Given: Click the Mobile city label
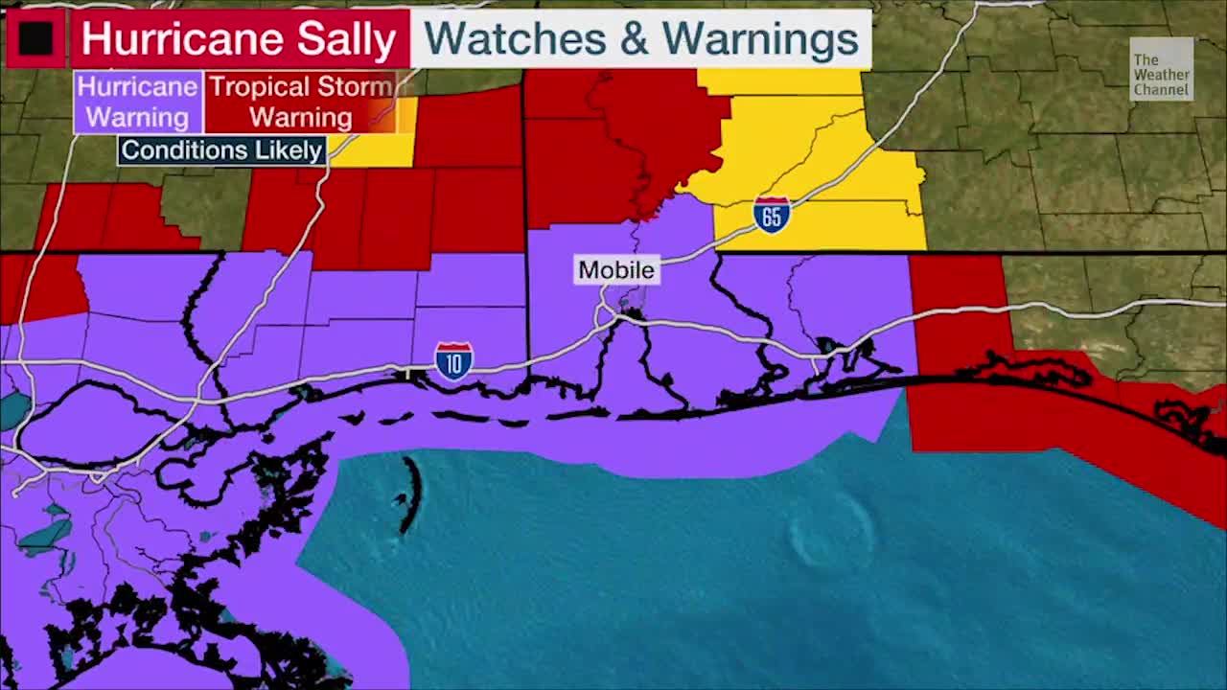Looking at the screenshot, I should coord(616,270).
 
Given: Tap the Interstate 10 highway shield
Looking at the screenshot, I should coord(453,361).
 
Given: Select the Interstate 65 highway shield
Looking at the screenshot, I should coord(772,215).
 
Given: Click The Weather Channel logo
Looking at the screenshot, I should coord(1161,70).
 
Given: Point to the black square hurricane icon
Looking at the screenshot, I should coord(36,38).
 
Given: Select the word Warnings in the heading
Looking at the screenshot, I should coord(760,38).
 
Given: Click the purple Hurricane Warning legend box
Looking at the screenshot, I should coord(138,102).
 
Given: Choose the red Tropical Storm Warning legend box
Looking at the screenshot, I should coord(301,102).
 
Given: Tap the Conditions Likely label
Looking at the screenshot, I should coord(221,150).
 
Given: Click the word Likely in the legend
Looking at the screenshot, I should coord(285,150).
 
